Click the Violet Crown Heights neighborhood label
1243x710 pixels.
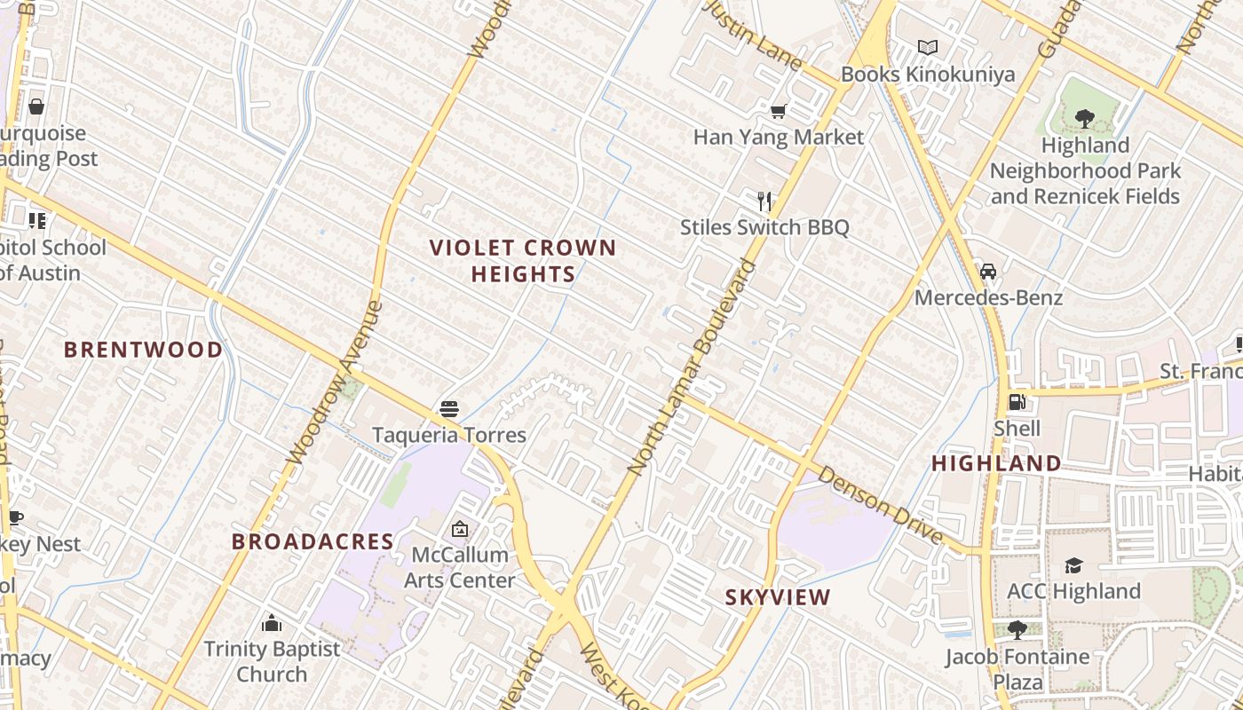pyautogui.click(x=523, y=261)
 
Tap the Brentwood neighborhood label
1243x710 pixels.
pyautogui.click(x=144, y=350)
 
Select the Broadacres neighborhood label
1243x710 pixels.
pyautogui.click(x=313, y=541)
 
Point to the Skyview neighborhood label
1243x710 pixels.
pyautogui.click(x=778, y=597)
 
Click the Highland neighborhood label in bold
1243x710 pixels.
pyautogui.click(x=996, y=463)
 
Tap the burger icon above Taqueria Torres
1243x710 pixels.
pyautogui.click(x=449, y=409)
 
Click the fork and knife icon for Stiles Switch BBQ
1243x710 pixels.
pyautogui.click(x=764, y=201)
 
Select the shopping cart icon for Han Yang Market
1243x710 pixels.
pyautogui.click(x=779, y=111)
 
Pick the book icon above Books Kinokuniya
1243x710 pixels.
pyautogui.click(x=928, y=47)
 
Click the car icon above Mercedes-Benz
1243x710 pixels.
pyautogui.click(x=988, y=272)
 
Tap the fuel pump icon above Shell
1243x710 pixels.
pyautogui.click(x=1017, y=403)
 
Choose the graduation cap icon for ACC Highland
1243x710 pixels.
pyautogui.click(x=1073, y=565)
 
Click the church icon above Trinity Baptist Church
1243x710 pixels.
pyautogui.click(x=272, y=623)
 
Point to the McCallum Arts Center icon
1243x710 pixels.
pyautogui.click(x=460, y=529)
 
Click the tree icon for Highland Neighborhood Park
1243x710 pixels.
pyautogui.click(x=1084, y=118)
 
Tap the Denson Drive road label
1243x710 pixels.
pyautogui.click(x=879, y=506)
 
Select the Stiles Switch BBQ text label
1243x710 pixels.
pyautogui.click(x=764, y=227)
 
